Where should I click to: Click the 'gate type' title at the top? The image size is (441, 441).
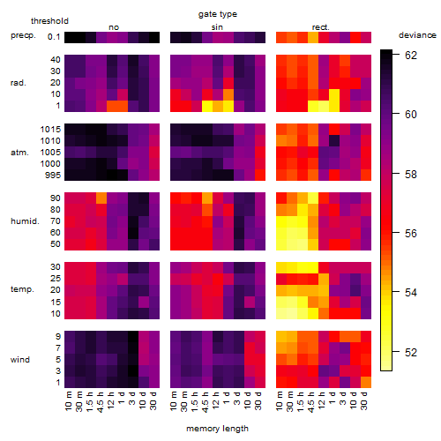218,14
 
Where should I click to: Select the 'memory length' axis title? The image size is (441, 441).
217,429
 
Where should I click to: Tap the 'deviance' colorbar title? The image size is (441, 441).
417,35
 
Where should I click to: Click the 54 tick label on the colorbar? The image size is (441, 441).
411,293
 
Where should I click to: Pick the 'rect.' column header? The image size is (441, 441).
320,27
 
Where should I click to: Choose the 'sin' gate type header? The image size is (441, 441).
217,27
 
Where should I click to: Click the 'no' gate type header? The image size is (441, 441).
114,27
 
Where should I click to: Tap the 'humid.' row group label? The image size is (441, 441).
25,221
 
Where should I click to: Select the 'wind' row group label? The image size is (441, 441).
20,360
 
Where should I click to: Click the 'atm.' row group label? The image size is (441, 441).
19,153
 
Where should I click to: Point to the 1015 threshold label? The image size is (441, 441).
50,130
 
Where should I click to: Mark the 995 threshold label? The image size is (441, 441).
53,176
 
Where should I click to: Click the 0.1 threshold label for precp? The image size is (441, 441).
54,37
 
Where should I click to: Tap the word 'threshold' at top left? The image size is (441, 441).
49,21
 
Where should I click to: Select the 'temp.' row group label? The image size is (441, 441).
22,289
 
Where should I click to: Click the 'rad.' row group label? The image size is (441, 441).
19,83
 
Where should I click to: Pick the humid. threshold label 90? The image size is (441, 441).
56,198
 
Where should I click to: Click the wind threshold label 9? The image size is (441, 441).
58,337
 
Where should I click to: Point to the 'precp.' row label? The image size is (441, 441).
23,35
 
